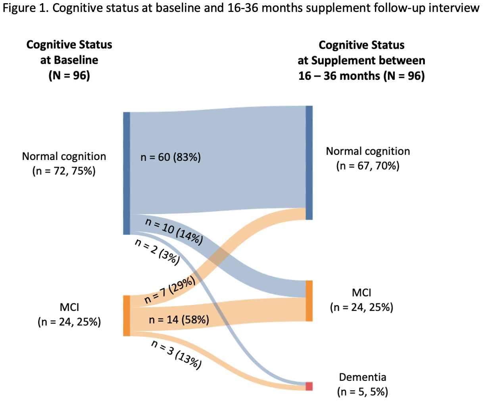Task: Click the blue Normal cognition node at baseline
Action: point(127,173)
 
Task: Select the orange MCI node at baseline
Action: point(127,316)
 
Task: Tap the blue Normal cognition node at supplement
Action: point(309,162)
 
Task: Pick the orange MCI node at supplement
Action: point(309,301)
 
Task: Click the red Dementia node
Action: point(309,386)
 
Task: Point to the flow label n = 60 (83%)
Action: point(171,157)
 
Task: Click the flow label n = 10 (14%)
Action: point(174,231)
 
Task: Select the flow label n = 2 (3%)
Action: point(157,252)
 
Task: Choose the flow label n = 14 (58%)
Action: point(179,319)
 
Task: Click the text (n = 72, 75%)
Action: point(64,171)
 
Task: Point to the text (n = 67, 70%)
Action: point(368,166)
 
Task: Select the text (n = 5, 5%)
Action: point(363,392)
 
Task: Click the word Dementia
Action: point(363,377)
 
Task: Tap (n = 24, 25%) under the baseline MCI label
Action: point(69,322)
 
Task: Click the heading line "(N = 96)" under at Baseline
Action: point(69,75)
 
